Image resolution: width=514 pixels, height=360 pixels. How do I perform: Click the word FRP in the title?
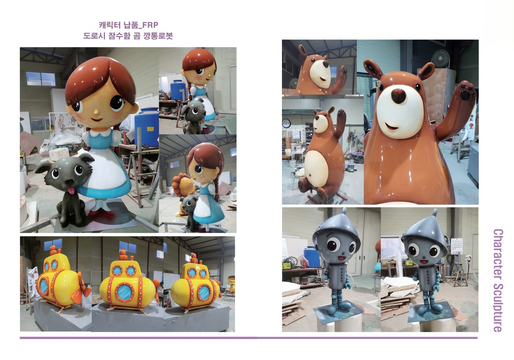point(150,25)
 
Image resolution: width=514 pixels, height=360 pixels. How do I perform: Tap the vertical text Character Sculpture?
point(498,280)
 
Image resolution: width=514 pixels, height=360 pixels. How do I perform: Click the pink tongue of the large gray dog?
point(72,191)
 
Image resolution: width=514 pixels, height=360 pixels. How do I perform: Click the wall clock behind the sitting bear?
point(287,123)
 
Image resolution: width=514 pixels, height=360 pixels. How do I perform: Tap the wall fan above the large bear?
point(440,58)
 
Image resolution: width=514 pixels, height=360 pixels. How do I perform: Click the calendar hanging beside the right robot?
point(457,246)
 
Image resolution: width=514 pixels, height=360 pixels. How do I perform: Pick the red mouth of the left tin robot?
point(342,258)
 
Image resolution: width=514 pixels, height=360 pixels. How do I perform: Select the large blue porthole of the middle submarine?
point(125,292)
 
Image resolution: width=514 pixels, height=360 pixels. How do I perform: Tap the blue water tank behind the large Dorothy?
point(147,127)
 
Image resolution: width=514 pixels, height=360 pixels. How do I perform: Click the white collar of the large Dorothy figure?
point(101,133)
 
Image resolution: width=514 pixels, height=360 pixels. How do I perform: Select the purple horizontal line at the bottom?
point(249,338)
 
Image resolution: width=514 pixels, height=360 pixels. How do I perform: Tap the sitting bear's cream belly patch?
point(316,169)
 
